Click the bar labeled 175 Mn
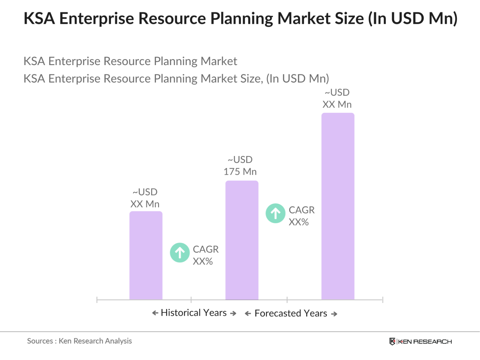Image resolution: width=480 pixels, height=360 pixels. pos(242,240)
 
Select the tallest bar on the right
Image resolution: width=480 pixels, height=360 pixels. pos(337,206)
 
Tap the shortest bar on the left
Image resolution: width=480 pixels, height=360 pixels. pos(146,255)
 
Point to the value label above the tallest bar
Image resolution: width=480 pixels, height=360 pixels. pos(337,99)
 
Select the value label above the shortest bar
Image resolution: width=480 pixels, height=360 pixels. pos(145,198)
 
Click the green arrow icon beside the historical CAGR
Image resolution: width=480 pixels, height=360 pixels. pos(180,253)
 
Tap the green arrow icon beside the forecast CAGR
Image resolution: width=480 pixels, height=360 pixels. pos(275,213)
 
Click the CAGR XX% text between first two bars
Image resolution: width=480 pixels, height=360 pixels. pos(205,255)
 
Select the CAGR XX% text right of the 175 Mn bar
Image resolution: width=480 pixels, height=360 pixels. pos(301,216)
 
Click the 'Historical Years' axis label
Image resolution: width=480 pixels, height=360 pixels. pos(194,313)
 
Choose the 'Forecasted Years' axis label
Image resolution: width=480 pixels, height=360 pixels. pos(290,313)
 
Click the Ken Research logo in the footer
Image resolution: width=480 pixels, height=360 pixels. pos(420,342)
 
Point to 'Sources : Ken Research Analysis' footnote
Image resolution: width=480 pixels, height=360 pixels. pos(79,341)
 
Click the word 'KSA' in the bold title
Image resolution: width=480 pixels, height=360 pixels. pos(39,18)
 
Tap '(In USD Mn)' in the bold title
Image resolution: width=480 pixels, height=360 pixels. pos(413,18)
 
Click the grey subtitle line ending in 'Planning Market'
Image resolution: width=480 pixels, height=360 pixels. pos(130,61)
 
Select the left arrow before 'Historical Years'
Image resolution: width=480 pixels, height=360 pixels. pos(155,313)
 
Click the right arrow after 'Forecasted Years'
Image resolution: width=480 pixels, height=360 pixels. pos(334,314)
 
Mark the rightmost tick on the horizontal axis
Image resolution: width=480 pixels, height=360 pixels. pos(382,300)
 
